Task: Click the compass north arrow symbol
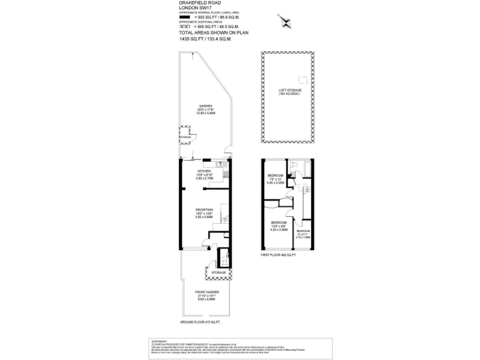(288, 24)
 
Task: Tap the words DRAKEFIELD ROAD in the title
(197, 2)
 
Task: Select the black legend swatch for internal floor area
(184, 16)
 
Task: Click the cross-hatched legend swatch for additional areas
(184, 27)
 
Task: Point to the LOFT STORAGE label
(289, 92)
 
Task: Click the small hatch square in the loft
(303, 79)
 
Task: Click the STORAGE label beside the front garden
(218, 273)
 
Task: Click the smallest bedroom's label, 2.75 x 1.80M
(303, 235)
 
